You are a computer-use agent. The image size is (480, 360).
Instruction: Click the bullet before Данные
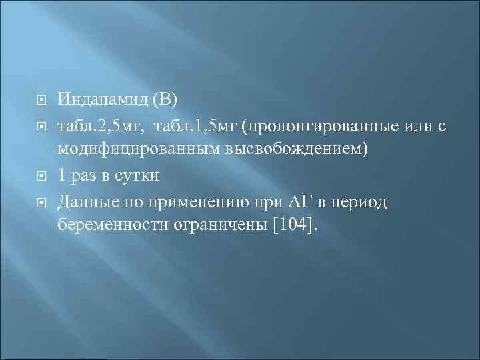pos(41,201)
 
